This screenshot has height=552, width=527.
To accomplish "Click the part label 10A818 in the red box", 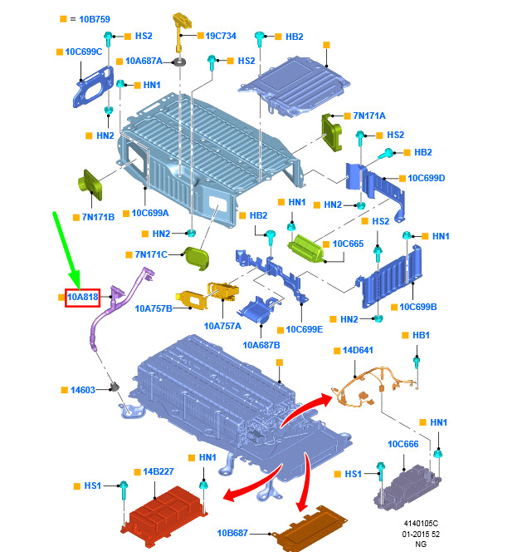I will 83,297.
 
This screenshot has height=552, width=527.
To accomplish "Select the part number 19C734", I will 221,36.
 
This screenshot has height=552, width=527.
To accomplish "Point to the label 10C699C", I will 84,52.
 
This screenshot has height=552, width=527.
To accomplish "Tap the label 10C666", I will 403,443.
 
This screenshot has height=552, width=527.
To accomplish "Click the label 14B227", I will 158,471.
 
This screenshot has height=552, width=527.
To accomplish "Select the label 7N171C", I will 150,254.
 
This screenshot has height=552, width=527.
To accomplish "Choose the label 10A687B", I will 261,344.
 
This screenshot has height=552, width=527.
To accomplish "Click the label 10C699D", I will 427,178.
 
